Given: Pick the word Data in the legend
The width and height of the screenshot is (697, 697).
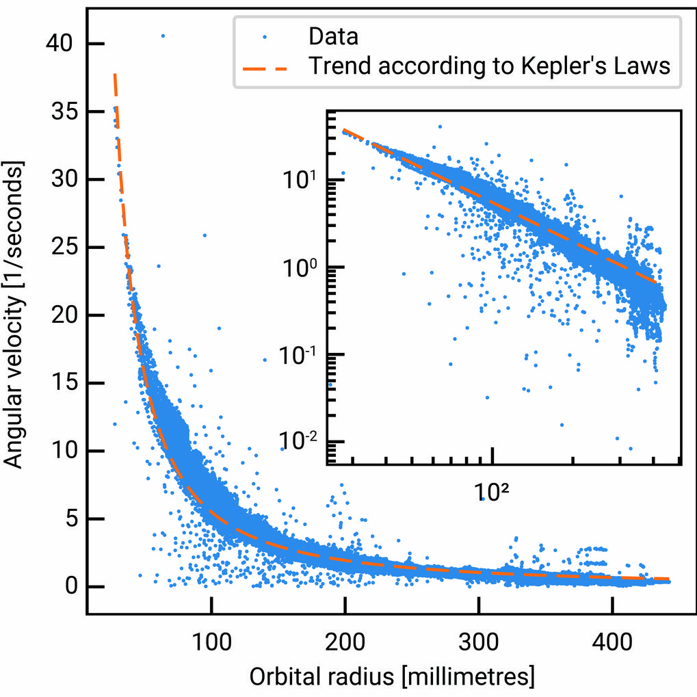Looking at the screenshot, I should coord(333,36).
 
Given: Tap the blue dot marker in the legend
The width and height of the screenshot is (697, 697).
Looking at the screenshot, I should coord(267,36).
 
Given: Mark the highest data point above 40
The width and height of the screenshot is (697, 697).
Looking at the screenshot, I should coord(163,36).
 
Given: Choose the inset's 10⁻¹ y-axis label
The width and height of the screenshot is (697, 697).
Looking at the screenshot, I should coord(299,354).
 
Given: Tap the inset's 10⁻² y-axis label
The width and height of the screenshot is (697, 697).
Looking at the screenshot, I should coord(299,441).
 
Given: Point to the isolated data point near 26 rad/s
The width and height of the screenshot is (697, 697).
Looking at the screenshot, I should coord(205,235).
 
